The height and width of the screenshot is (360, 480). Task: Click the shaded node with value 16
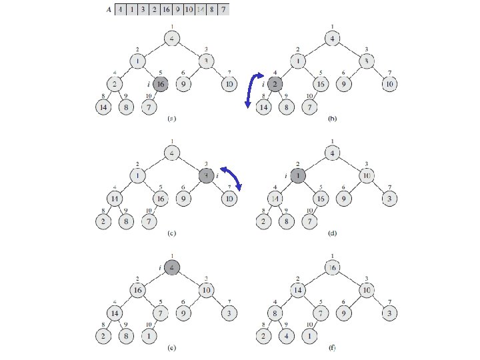click(x=160, y=84)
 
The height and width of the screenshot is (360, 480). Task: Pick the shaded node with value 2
click(x=276, y=84)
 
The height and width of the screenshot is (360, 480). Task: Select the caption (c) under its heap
click(x=171, y=233)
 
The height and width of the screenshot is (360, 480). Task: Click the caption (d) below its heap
click(x=333, y=233)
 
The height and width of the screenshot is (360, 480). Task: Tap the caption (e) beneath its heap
click(x=171, y=348)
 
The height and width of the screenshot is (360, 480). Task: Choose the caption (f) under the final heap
click(x=333, y=348)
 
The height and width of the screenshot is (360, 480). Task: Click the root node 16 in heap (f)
click(x=333, y=268)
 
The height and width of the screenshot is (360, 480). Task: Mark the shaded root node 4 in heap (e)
click(x=172, y=268)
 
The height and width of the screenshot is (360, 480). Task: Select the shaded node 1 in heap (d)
click(x=299, y=176)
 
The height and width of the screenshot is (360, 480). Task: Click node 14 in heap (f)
click(x=299, y=291)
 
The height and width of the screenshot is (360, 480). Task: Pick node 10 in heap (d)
click(x=366, y=176)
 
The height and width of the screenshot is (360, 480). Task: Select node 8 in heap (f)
click(x=276, y=314)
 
